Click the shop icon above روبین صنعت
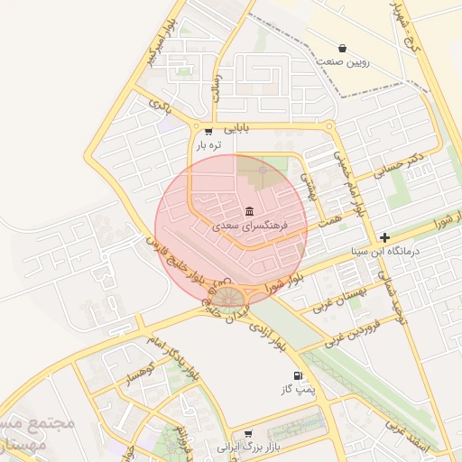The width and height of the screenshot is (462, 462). (x=342, y=48)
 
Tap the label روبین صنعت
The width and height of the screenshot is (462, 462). (x=343, y=63)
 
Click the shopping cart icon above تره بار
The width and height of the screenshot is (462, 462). (x=208, y=131)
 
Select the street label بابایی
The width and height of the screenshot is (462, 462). (x=234, y=128)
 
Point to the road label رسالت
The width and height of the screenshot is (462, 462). (x=216, y=87)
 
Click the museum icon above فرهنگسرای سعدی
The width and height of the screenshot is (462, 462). (x=249, y=211)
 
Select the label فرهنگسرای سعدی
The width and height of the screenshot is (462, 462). (x=249, y=226)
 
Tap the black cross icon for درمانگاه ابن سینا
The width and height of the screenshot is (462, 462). (x=384, y=236)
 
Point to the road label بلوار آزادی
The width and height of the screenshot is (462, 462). (x=268, y=335)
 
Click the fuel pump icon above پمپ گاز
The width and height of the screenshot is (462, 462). (x=297, y=375)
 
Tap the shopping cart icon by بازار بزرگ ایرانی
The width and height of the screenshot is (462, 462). (x=249, y=434)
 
